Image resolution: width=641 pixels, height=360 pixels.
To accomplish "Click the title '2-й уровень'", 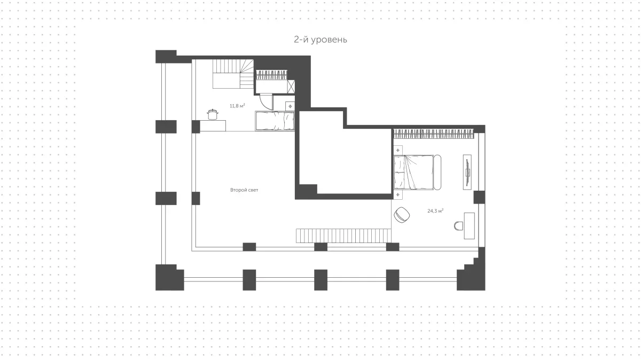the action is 320,40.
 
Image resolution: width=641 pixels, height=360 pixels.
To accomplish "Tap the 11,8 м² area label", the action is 237,106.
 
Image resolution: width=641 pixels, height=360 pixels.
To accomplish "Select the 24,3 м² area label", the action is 435,211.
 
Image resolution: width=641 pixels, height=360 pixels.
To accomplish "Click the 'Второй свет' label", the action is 244,190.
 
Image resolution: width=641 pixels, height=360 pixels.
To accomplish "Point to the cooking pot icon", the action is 213,114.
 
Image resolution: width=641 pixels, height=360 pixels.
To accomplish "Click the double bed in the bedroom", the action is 417,173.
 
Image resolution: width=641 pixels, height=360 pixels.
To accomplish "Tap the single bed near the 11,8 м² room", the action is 275,121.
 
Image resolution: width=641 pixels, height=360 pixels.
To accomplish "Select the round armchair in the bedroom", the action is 402,215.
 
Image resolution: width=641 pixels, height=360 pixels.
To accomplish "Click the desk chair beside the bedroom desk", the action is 458,226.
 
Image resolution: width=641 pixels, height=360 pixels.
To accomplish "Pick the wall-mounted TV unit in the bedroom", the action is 467,172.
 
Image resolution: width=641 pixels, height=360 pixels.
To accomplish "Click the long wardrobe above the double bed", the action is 434,134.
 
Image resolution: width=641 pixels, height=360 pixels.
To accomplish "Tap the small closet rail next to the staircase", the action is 271,75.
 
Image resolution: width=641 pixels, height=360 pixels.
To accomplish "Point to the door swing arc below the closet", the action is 266,102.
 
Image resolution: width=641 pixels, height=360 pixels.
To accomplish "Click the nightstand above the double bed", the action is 398,150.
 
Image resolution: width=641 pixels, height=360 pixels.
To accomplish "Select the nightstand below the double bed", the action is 398,194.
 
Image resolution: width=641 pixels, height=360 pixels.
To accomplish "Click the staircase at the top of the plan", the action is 233,74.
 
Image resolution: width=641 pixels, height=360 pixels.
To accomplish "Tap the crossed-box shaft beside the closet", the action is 291,87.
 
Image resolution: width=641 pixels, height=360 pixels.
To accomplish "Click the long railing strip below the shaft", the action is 343,236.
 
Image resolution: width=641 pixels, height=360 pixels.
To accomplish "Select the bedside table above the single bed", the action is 290,106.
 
